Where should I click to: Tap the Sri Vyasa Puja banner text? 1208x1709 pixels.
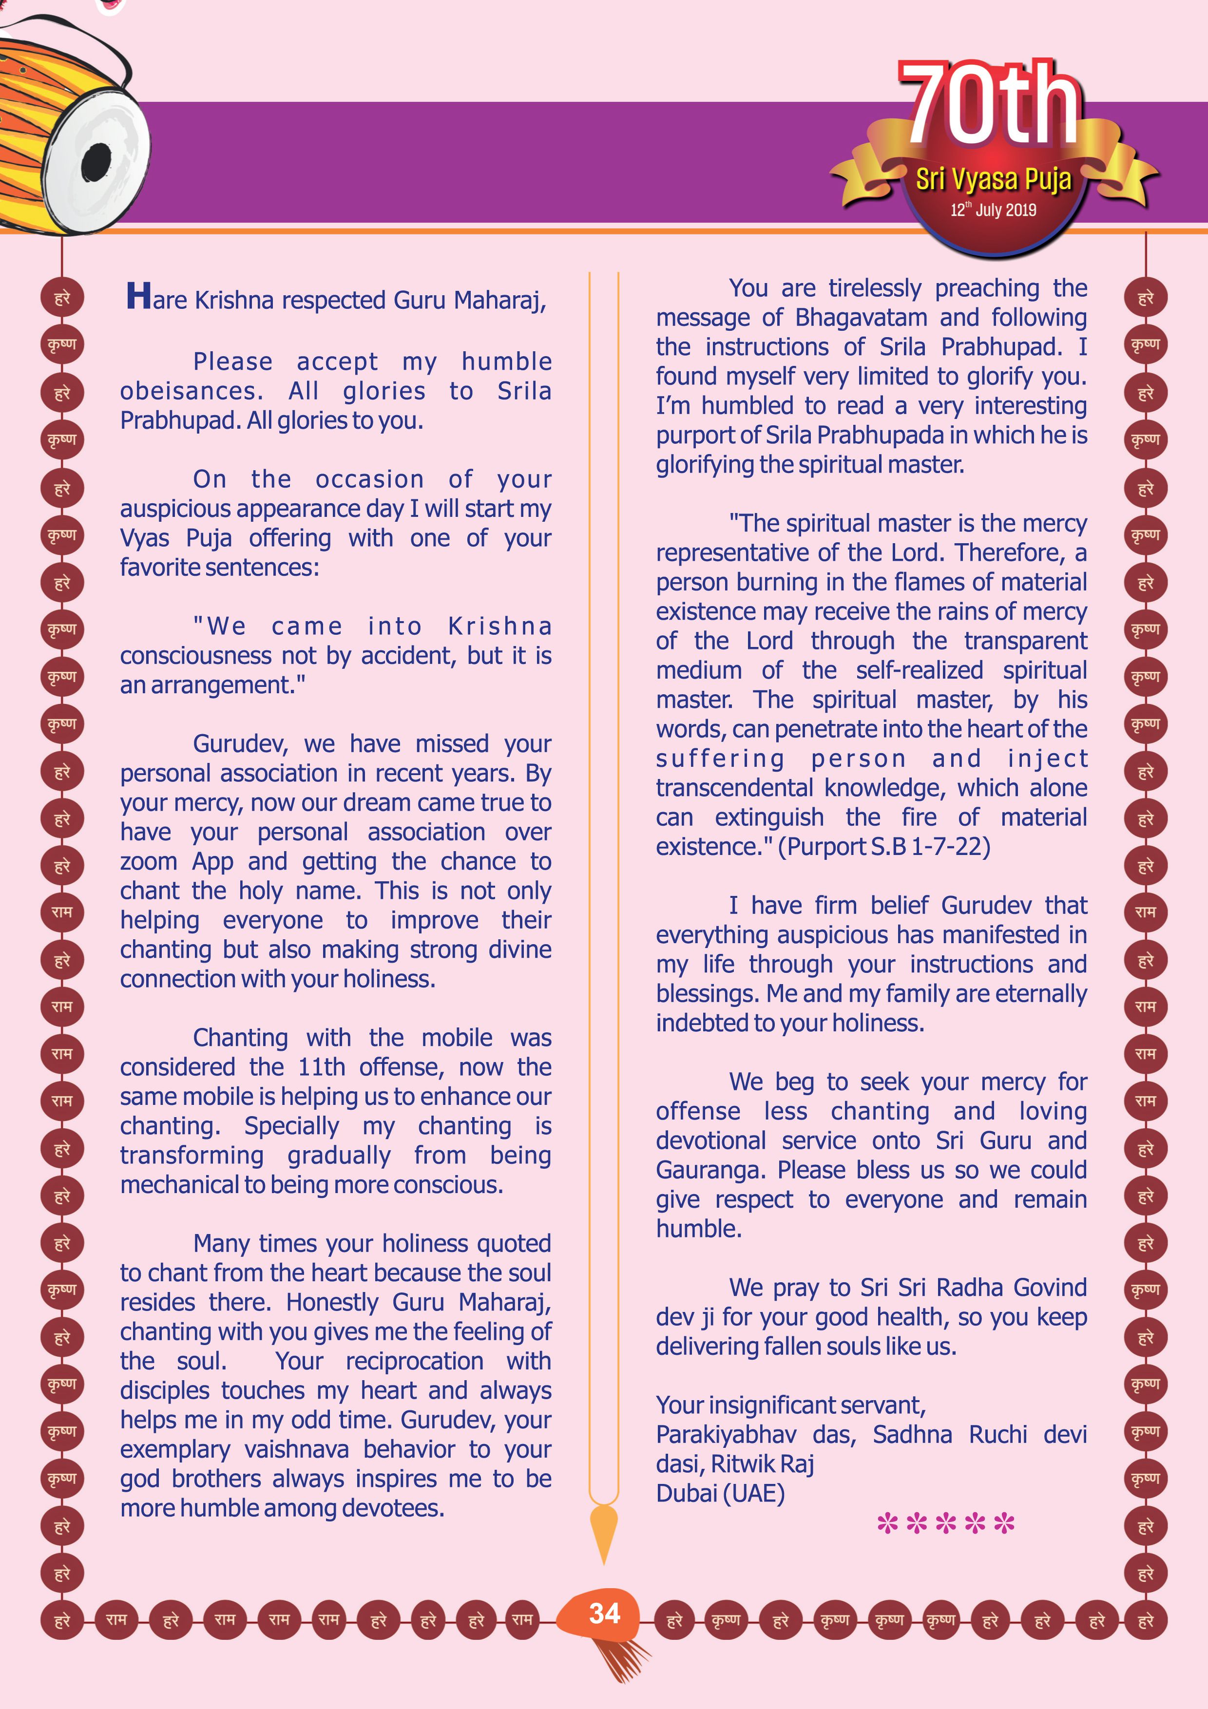[993, 179]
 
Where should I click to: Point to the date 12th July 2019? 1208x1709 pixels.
[993, 210]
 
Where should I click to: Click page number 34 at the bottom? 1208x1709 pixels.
[604, 1614]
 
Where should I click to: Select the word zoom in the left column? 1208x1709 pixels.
[149, 862]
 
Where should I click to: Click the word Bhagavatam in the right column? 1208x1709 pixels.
[861, 318]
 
